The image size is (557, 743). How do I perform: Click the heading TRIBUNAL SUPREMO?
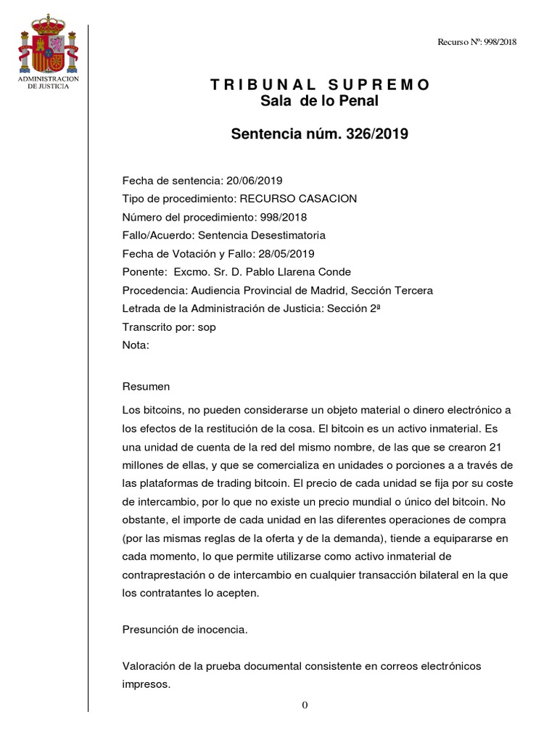[x=320, y=85]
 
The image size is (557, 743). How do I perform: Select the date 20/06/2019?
[x=253, y=180]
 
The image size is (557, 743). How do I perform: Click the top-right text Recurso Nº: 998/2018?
[x=476, y=42]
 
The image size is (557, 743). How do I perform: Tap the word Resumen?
[x=146, y=386]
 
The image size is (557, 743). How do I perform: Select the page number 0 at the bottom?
[x=305, y=705]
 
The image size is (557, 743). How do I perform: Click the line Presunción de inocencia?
[x=185, y=630]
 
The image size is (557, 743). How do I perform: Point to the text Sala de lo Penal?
[x=320, y=102]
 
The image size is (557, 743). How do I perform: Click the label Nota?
[x=136, y=345]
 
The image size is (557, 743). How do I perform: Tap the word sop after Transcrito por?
[x=207, y=327]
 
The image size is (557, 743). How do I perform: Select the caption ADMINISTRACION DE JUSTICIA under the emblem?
[x=48, y=82]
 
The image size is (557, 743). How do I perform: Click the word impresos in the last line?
[x=146, y=684]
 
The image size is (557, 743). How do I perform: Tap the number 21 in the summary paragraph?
[x=496, y=446]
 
